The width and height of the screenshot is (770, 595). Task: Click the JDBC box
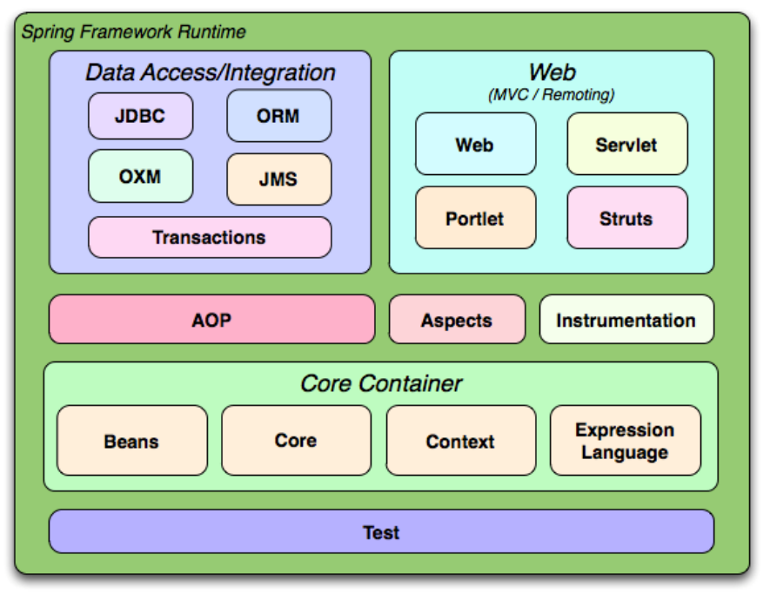tap(140, 116)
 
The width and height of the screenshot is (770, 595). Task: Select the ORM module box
tap(279, 116)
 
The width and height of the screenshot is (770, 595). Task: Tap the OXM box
tap(140, 176)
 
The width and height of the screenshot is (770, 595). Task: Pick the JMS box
tap(279, 179)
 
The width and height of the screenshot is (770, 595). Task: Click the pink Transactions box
tap(210, 237)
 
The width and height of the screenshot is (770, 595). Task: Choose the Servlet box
tap(627, 144)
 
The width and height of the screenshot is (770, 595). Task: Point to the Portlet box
tap(475, 217)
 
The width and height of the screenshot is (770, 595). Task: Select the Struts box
tap(627, 217)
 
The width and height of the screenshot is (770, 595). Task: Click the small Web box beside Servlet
tap(475, 144)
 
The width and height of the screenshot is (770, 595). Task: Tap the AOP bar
tap(211, 319)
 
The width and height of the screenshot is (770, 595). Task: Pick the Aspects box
tap(457, 319)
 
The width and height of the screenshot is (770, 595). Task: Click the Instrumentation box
tap(626, 319)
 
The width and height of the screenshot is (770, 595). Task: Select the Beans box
tap(132, 440)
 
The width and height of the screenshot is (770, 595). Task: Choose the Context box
tap(460, 440)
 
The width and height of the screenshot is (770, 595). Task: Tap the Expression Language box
tap(625, 440)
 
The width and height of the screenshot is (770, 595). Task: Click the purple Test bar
tap(382, 531)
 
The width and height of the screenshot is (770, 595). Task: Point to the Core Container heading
tap(381, 383)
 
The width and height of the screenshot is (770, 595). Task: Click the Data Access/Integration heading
tap(211, 72)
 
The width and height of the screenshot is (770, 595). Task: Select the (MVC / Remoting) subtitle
tap(551, 94)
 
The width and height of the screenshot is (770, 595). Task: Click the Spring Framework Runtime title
tap(134, 32)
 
